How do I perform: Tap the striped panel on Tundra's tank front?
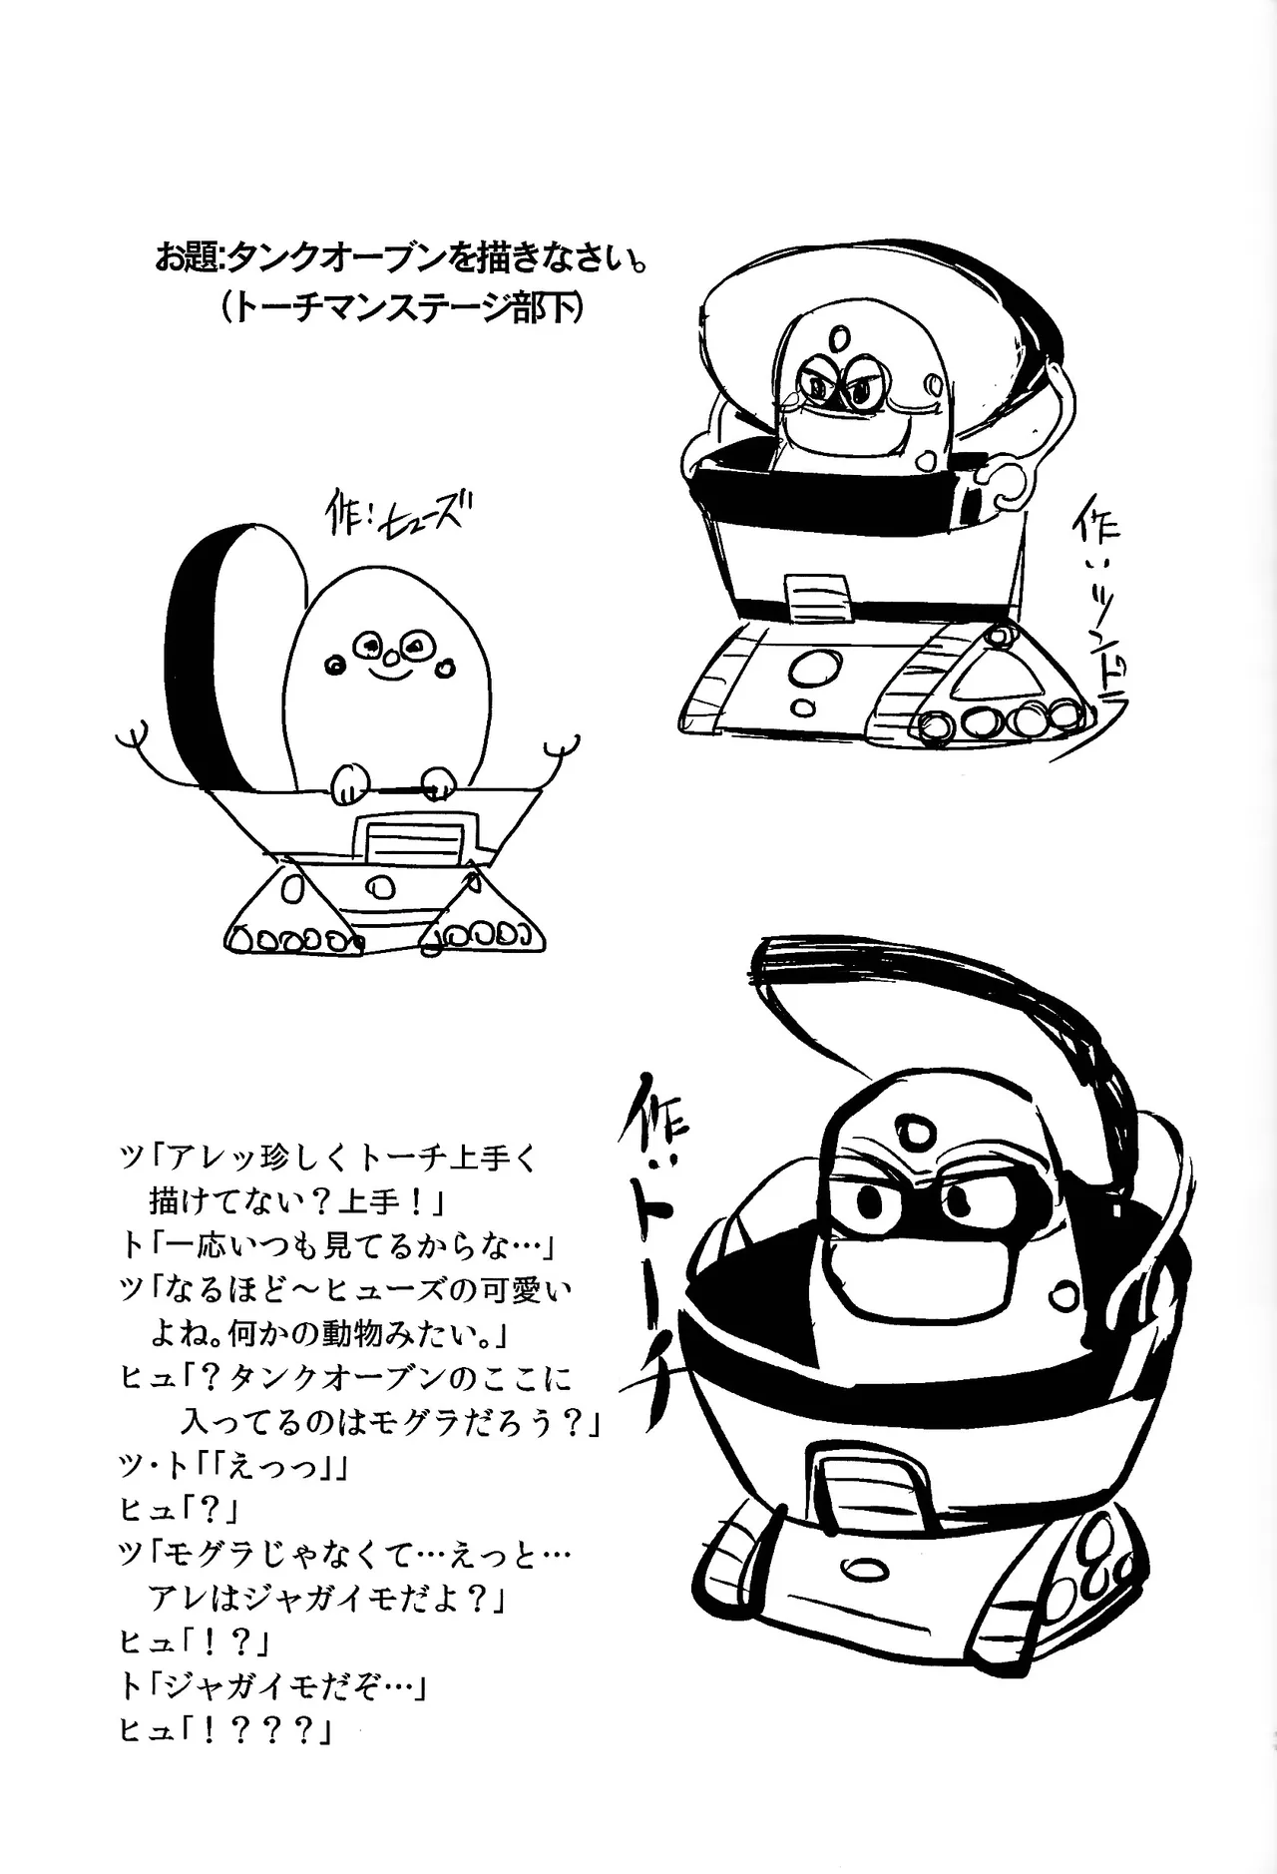[817, 598]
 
